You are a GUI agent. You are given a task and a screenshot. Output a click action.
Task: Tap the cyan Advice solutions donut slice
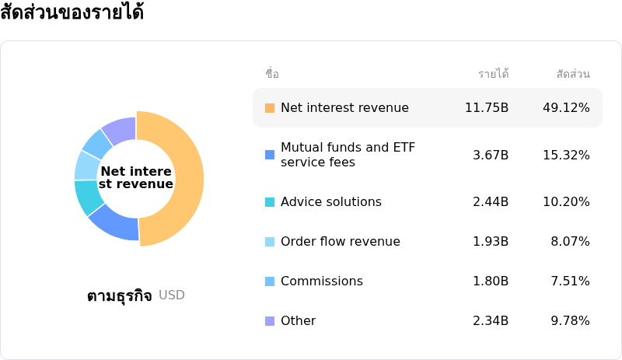click(88, 197)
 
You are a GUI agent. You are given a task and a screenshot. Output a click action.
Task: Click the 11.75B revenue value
click(486, 107)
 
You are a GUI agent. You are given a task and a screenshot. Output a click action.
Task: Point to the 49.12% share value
click(566, 107)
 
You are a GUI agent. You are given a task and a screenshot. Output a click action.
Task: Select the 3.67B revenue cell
click(491, 155)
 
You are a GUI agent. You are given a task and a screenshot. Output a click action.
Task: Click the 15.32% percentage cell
click(566, 155)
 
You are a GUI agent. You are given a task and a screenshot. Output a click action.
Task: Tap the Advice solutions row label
click(330, 202)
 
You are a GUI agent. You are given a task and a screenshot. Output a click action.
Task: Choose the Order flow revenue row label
click(340, 242)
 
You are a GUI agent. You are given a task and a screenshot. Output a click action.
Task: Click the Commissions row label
click(321, 281)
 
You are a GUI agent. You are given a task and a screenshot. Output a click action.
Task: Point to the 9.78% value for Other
click(570, 321)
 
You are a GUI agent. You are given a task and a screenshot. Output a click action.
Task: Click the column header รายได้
click(493, 75)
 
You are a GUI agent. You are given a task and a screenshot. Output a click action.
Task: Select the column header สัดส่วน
click(573, 75)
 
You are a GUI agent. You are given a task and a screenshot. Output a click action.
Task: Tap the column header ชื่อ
click(272, 75)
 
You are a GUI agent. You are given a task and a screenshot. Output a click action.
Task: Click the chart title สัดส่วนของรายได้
click(72, 13)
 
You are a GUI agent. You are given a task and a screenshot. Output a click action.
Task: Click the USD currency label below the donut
click(172, 295)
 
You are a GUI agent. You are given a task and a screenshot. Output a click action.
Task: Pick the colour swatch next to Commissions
click(270, 281)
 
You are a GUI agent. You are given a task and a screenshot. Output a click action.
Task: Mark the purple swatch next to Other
click(270, 321)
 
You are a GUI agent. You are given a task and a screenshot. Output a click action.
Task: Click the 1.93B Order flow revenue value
click(491, 242)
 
